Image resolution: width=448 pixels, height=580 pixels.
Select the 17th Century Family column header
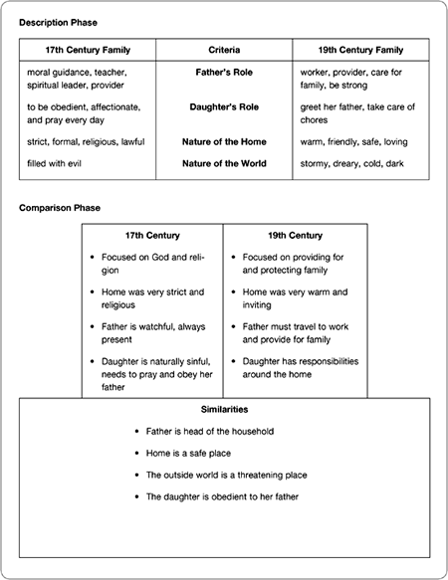point(88,49)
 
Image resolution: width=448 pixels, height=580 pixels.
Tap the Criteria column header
point(224,49)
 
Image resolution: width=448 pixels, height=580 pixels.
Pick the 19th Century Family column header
point(360,49)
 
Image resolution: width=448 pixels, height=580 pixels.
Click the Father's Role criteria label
point(224,73)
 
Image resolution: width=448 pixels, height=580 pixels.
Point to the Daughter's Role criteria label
point(224,106)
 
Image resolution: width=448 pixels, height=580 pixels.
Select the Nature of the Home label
point(224,141)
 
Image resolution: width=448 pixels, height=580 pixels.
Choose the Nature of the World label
point(224,163)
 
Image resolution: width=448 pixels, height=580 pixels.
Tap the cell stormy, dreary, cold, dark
point(353,163)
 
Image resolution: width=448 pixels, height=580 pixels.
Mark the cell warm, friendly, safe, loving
point(353,141)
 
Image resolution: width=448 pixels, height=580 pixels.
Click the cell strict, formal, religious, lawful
point(86,141)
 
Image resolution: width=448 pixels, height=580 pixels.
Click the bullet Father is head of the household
point(209,431)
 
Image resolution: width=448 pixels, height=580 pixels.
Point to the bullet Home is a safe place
point(191,453)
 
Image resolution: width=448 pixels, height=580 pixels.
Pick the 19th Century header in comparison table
point(295,236)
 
